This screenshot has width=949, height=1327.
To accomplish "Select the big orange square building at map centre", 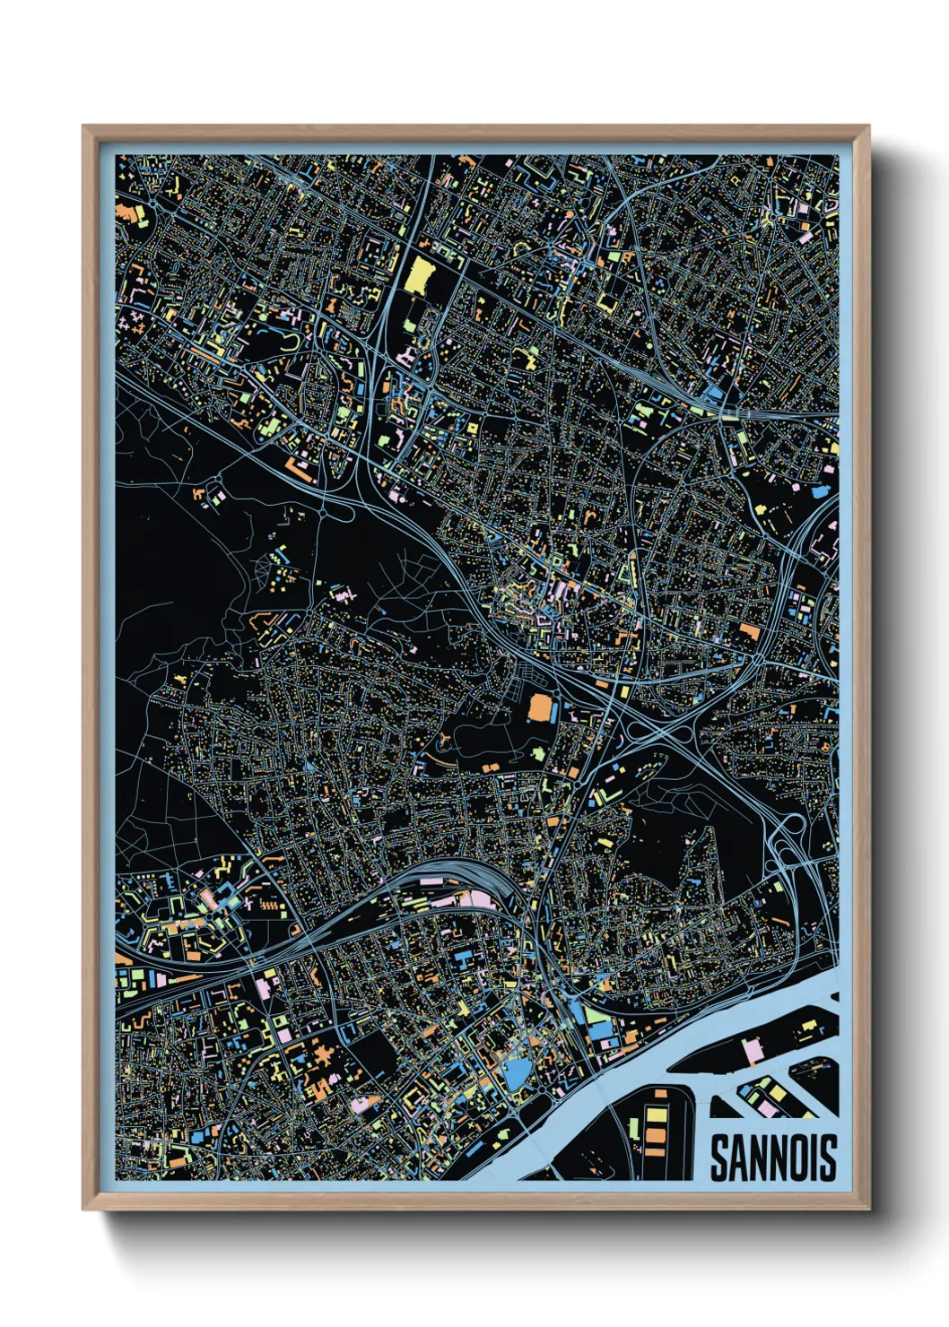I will pos(541,707).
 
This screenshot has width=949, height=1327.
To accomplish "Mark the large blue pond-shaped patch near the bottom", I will pos(518,1072).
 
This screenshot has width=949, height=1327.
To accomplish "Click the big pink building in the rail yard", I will pos(476,899).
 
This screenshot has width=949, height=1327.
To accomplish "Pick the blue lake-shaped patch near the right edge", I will pos(819,491).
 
